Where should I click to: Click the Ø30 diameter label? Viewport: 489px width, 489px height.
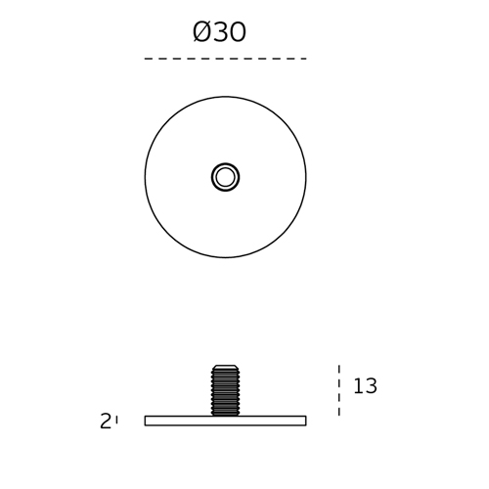click(219, 32)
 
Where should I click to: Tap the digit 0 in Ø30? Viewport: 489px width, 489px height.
click(238, 32)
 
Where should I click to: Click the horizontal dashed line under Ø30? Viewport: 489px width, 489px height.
click(225, 59)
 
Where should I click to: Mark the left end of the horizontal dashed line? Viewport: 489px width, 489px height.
click(145, 59)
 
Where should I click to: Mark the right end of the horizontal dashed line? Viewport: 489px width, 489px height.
click(306, 59)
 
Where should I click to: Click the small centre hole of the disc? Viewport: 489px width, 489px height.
click(225, 177)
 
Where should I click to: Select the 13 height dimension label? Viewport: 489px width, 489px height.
click(365, 385)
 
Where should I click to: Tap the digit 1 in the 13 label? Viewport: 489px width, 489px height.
click(358, 385)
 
